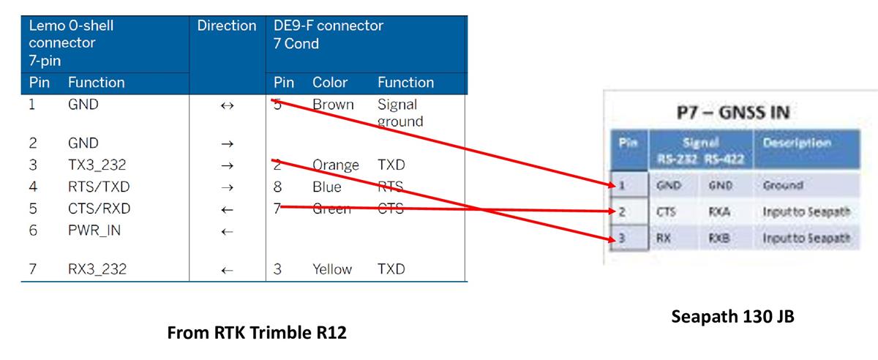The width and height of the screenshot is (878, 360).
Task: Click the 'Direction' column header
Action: pyautogui.click(x=226, y=26)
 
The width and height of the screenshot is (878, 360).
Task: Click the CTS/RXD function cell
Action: pyautogui.click(x=99, y=209)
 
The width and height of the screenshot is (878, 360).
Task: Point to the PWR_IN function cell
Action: pyautogui.click(x=94, y=230)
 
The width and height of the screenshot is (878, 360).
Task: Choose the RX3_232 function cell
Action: pyautogui.click(x=97, y=269)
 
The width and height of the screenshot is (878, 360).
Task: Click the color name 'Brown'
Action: pyautogui.click(x=333, y=105)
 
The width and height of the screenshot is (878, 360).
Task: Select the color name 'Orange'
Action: pyautogui.click(x=336, y=165)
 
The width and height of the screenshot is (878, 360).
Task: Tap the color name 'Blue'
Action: pyautogui.click(x=327, y=187)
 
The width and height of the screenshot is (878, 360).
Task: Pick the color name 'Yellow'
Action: pyautogui.click(x=332, y=269)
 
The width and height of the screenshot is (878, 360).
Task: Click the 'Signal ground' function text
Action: pyautogui.click(x=400, y=113)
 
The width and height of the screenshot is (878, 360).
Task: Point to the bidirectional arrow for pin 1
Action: pyautogui.click(x=227, y=105)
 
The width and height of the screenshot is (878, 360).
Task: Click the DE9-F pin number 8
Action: pyautogui.click(x=278, y=187)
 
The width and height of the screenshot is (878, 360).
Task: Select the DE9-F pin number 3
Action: pyautogui.click(x=278, y=269)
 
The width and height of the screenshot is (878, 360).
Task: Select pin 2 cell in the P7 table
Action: pyautogui.click(x=629, y=212)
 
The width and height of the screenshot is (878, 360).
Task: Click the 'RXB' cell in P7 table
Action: pyautogui.click(x=718, y=239)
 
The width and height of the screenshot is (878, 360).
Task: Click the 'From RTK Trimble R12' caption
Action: pyautogui.click(x=257, y=334)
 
